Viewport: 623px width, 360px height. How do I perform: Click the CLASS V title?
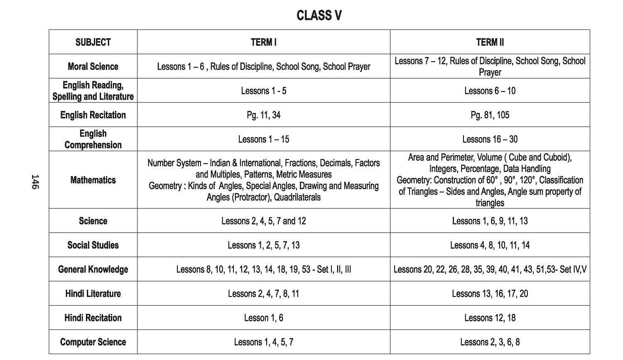pyautogui.click(x=319, y=16)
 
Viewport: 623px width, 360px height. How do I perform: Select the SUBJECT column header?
pyautogui.click(x=93, y=42)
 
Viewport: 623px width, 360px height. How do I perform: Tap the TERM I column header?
pyautogui.click(x=264, y=42)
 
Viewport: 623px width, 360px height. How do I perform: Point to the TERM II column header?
pyautogui.click(x=490, y=42)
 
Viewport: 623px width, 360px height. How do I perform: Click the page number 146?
pyautogui.click(x=35, y=182)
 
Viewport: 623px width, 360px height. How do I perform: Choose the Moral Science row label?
pyautogui.click(x=93, y=66)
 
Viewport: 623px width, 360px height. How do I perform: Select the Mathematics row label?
pyautogui.click(x=93, y=180)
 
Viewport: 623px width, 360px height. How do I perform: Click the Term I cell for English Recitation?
pyautogui.click(x=264, y=115)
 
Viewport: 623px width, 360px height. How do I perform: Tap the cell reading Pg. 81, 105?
pyautogui.click(x=490, y=115)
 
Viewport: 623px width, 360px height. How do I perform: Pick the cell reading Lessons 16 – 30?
pyautogui.click(x=490, y=139)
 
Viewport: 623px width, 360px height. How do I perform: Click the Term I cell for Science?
pyautogui.click(x=264, y=221)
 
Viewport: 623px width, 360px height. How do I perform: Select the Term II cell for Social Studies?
pyautogui.click(x=490, y=245)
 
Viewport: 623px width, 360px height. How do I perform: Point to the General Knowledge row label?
pyautogui.click(x=93, y=269)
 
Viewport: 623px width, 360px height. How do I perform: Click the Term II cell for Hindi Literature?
pyautogui.click(x=490, y=294)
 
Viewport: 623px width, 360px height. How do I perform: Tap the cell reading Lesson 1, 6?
pyautogui.click(x=264, y=318)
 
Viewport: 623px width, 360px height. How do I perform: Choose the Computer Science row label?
pyautogui.click(x=93, y=342)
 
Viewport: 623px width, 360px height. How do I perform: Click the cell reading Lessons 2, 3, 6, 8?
pyautogui.click(x=490, y=342)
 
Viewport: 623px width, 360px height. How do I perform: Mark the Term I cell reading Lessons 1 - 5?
pyautogui.click(x=264, y=91)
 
